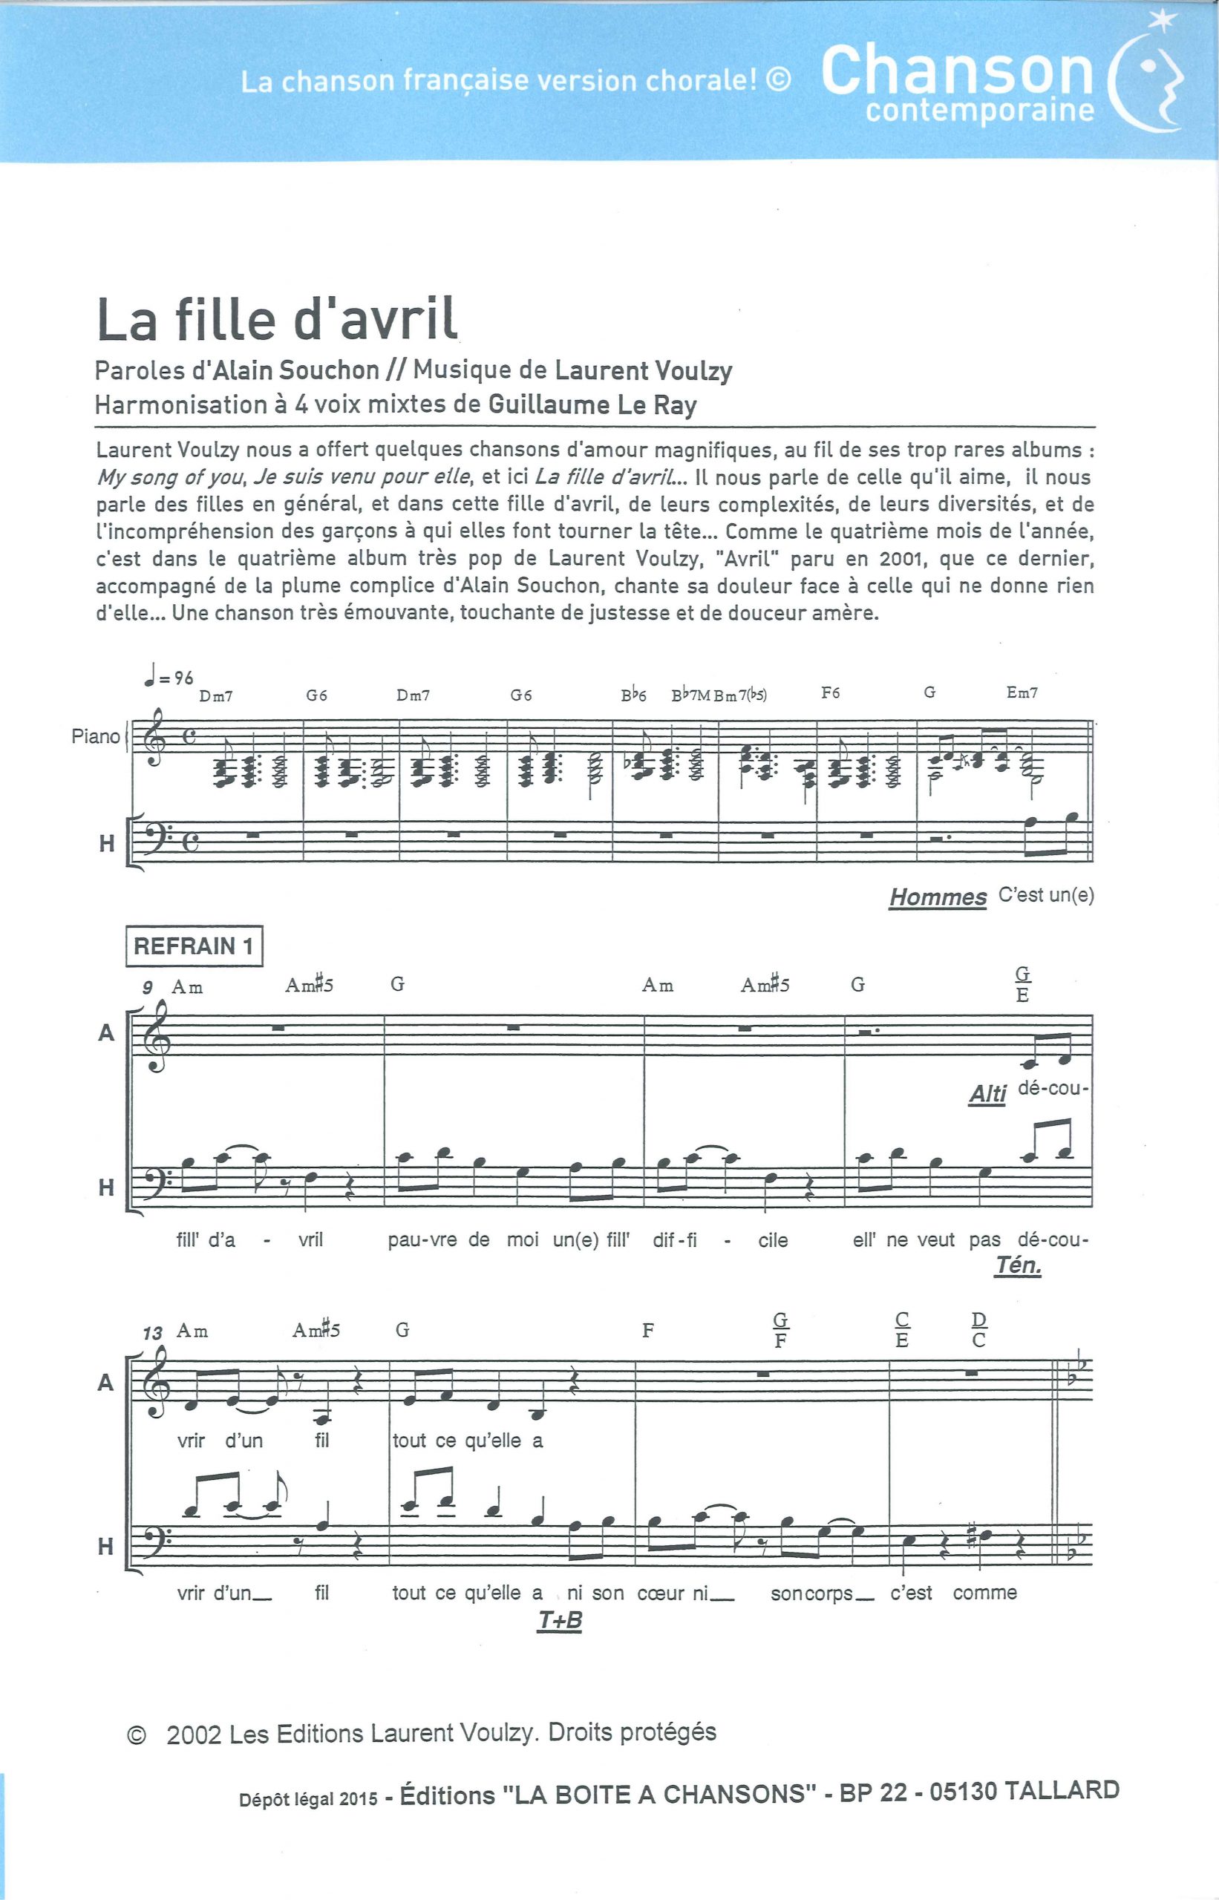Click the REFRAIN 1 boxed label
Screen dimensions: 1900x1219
[194, 946]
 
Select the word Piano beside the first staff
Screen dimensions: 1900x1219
[96, 736]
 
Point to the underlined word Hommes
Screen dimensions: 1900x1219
[938, 897]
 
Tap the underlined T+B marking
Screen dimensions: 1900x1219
[560, 1621]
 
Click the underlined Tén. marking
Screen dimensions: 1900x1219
[1018, 1265]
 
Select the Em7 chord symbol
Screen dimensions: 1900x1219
[1022, 692]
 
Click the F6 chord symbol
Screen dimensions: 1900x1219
[830, 693]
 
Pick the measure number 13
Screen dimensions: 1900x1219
[153, 1334]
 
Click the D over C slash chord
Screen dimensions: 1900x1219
[979, 1329]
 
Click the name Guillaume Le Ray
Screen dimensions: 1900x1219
[593, 405]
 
